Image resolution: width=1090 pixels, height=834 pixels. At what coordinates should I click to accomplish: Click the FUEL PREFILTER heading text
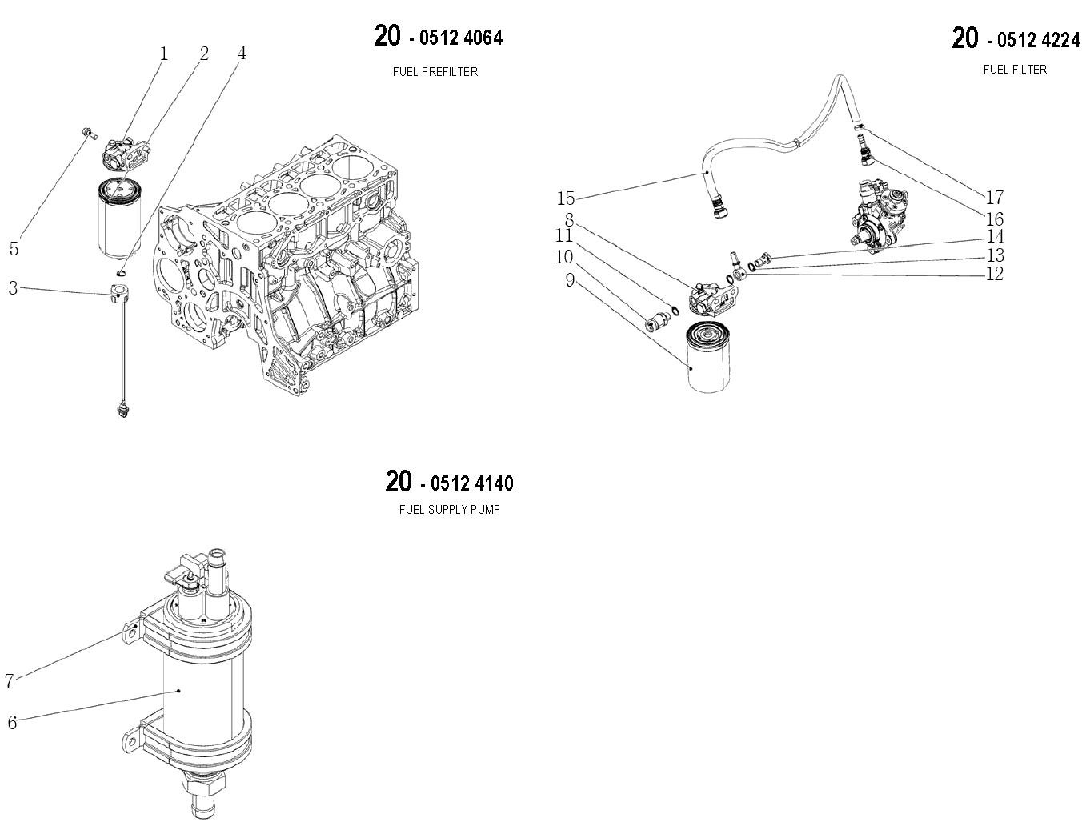coord(435,72)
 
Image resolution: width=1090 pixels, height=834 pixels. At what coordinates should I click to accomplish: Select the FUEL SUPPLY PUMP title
coord(450,509)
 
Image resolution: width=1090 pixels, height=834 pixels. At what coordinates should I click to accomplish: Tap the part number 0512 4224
coord(1038,40)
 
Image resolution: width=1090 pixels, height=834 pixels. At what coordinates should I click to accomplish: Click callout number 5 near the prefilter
coord(14,249)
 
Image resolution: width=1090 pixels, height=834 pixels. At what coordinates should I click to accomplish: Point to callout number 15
coord(566,198)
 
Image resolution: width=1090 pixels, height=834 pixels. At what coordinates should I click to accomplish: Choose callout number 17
coord(995,198)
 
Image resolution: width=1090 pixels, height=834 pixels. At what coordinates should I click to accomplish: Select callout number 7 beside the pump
coord(9,680)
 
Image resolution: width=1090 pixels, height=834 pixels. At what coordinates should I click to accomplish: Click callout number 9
coord(570,280)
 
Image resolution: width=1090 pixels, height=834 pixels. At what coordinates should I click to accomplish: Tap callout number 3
coord(14,288)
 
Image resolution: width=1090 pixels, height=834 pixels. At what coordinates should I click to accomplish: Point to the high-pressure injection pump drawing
coord(879,215)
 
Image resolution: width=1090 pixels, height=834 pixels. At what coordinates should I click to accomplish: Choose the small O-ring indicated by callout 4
coord(121,271)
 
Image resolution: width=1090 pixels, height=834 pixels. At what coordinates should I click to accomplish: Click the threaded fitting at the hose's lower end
coord(718,208)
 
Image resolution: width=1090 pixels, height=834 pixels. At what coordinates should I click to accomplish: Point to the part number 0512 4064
coord(461,38)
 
